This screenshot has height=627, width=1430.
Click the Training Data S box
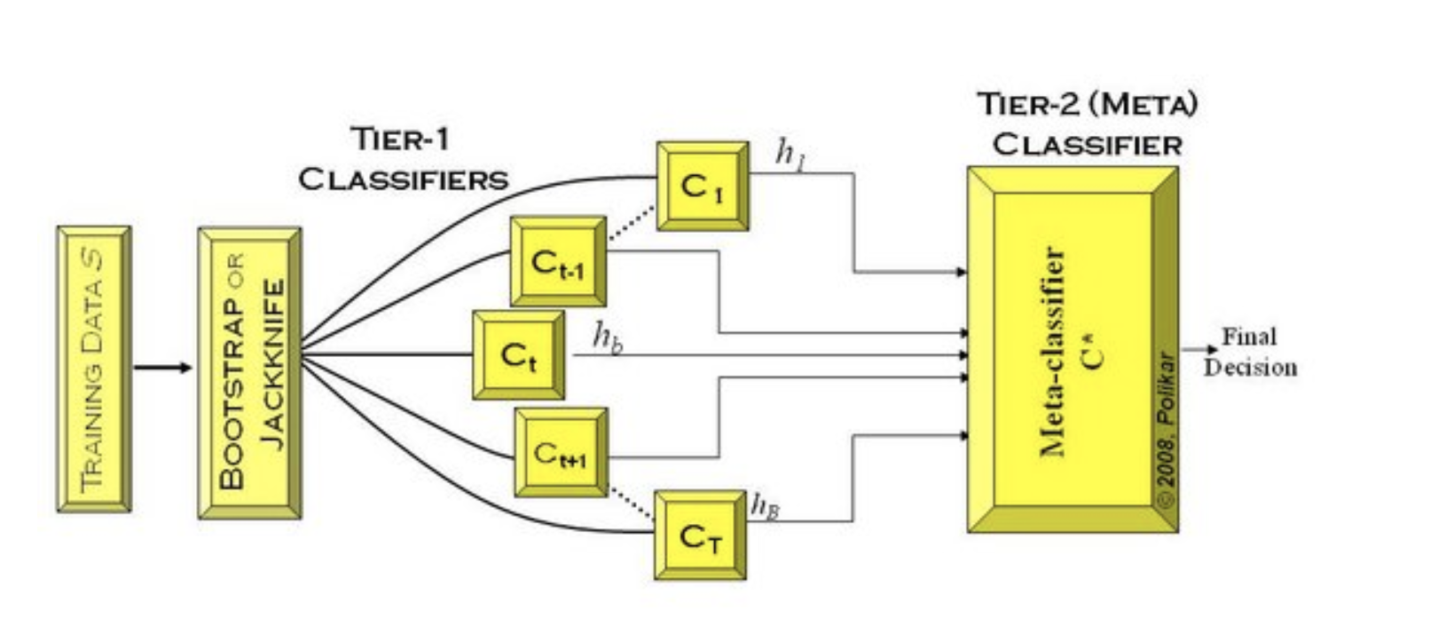tap(94, 369)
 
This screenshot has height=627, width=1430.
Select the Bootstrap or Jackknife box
tap(250, 373)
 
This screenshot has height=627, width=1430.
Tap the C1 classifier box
tap(702, 187)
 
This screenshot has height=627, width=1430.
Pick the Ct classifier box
tap(518, 355)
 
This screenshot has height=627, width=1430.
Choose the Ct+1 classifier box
tap(561, 453)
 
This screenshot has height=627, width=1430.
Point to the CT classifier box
tap(700, 536)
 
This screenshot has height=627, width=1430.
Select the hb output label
tap(607, 337)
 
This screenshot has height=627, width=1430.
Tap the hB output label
tap(765, 505)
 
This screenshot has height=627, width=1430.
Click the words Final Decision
tap(1250, 352)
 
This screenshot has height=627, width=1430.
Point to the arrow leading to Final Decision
tap(1199, 350)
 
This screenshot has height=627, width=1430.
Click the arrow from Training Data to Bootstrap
tap(162, 368)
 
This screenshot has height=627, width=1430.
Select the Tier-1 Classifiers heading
tap(404, 159)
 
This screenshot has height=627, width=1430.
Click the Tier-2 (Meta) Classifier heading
tap(1088, 124)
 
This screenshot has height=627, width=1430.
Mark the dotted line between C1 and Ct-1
tap(631, 224)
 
